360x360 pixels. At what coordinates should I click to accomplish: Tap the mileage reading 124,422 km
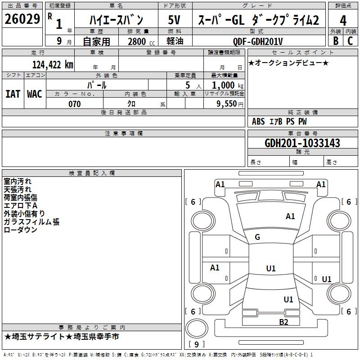pyautogui.click(x=53, y=64)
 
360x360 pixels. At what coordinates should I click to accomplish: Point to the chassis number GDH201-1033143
pyautogui.click(x=302, y=143)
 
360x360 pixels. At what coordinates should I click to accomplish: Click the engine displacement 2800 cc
pyautogui.click(x=140, y=41)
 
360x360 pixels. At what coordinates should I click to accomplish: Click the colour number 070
pyautogui.click(x=74, y=104)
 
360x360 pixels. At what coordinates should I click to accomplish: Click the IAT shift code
pyautogui.click(x=13, y=94)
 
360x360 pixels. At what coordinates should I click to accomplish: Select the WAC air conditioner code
pyautogui.click(x=35, y=94)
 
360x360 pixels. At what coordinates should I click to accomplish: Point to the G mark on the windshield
pyautogui.click(x=257, y=237)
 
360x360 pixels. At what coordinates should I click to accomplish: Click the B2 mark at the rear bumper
pyautogui.click(x=283, y=321)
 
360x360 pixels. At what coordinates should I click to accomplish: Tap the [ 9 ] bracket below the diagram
pyautogui.click(x=196, y=344)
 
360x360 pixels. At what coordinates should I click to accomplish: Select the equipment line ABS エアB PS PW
pyautogui.click(x=279, y=121)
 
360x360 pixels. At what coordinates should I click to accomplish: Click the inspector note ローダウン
pyautogui.click(x=20, y=230)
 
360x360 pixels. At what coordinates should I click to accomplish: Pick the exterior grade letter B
pyautogui.click(x=335, y=41)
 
